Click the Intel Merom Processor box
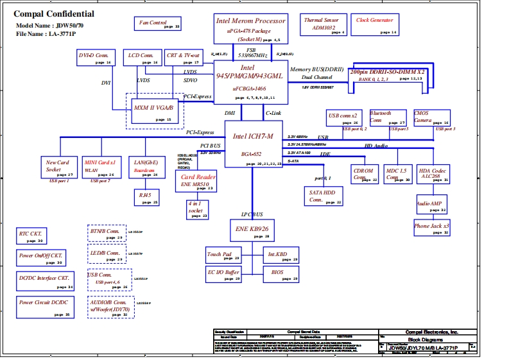pyautogui.click(x=250, y=28)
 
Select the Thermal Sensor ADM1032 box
pyautogui.click(x=324, y=25)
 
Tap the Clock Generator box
pyautogui.click(x=375, y=25)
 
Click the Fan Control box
pyautogui.click(x=158, y=24)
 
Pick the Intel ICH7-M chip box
pyautogui.click(x=254, y=144)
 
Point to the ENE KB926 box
pyautogui.click(x=253, y=230)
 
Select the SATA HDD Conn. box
pyautogui.click(x=324, y=197)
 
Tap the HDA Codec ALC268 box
pyautogui.click(x=432, y=175)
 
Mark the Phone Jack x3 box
pyautogui.click(x=431, y=228)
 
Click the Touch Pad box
pyautogui.click(x=223, y=255)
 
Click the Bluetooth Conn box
pyautogui.click(x=388, y=117)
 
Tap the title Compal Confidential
pyautogui.click(x=54, y=14)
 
